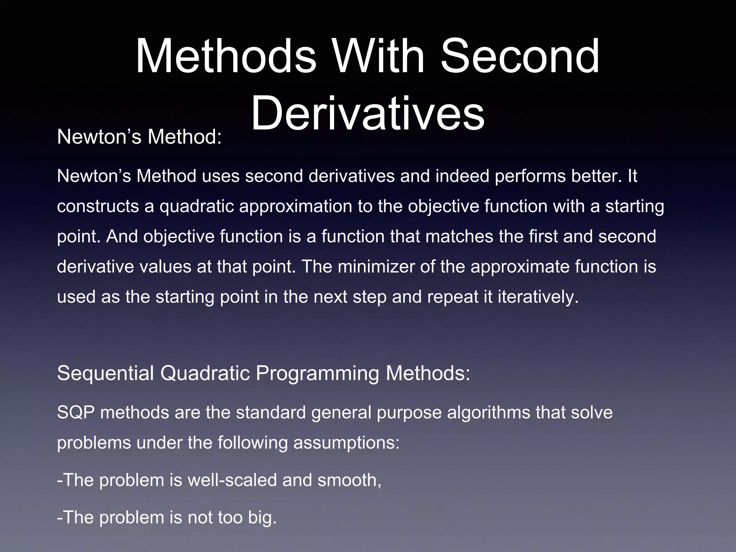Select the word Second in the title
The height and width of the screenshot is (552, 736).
tap(520, 57)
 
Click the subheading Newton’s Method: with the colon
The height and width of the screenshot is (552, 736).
tap(139, 137)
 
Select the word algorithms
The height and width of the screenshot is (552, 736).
tap(488, 413)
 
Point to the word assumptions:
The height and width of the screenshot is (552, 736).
tap(346, 443)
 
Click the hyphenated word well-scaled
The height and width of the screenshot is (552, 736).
tap(232, 480)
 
